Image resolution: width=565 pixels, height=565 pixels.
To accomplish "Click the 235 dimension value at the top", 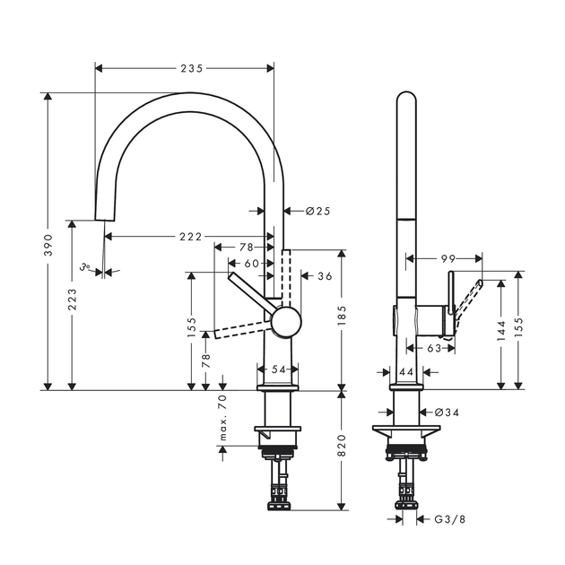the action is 192,68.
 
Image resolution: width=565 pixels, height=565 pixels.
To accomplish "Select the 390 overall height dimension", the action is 48,245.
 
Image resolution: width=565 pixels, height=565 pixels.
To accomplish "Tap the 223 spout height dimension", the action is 73,299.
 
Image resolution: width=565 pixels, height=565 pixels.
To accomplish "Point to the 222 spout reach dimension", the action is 191,237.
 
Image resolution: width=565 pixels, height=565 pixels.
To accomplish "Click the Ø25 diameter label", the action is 317,211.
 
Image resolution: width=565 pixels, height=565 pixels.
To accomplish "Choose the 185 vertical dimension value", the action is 342,316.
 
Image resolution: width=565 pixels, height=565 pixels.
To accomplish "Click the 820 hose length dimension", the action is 342,446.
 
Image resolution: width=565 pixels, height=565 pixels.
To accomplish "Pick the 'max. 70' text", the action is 223,418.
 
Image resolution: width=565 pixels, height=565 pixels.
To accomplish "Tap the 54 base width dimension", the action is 278,369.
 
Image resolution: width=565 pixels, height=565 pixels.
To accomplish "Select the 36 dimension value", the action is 325,276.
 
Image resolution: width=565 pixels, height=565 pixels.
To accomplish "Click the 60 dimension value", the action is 251,264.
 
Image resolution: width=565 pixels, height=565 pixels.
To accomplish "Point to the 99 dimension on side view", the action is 448,258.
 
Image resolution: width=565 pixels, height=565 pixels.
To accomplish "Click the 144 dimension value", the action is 501,330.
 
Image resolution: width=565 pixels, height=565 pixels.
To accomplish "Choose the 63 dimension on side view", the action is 434,348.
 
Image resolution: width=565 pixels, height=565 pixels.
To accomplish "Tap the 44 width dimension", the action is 406,371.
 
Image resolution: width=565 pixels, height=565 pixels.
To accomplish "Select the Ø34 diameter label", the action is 447,412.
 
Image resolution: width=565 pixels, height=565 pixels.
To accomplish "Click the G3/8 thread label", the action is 449,519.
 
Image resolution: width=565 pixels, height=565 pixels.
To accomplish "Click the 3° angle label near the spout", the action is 85,267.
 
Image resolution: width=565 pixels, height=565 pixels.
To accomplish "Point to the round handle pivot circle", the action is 286,322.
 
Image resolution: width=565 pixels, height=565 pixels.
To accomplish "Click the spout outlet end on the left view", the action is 105,220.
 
